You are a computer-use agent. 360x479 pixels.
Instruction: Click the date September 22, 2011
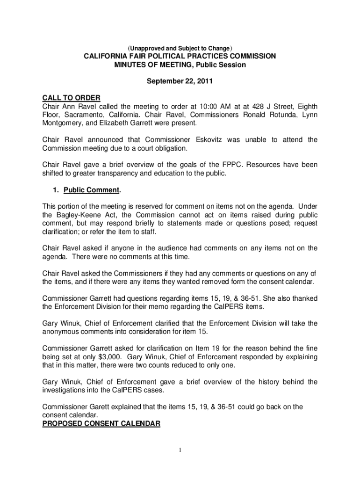tap(180, 81)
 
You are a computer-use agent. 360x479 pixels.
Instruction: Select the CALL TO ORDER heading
tap(71, 98)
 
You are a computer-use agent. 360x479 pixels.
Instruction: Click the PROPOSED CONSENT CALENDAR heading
tap(101, 424)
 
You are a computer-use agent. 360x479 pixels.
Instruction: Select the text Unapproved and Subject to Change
tap(180, 48)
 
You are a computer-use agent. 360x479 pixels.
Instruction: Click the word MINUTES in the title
tap(132, 65)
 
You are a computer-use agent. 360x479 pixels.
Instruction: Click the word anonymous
tap(65, 332)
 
